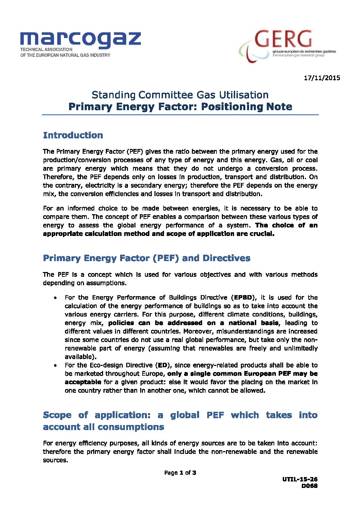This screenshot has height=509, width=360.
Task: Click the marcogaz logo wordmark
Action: coord(80,39)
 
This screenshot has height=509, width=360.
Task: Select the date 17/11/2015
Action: coord(322,78)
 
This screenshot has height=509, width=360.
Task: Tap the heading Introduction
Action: coord(73,135)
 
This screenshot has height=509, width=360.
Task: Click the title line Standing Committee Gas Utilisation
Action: coord(180,95)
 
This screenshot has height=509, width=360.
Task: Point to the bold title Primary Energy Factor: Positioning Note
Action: coord(180,107)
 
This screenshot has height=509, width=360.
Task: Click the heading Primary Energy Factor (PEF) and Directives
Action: coord(146,258)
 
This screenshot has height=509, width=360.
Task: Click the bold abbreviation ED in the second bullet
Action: coord(163,365)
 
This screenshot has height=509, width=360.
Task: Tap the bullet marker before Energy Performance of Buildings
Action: coord(55,298)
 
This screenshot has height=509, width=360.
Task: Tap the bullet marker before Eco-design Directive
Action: coord(55,366)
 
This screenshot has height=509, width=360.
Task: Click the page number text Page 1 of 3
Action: coord(180,473)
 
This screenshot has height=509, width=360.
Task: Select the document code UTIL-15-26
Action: coord(300,479)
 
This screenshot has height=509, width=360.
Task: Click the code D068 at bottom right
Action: coord(309,486)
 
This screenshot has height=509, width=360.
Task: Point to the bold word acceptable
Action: coord(83,382)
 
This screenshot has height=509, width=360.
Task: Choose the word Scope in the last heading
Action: coord(57,415)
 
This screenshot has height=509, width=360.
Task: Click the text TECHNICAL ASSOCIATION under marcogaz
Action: coord(46,50)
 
